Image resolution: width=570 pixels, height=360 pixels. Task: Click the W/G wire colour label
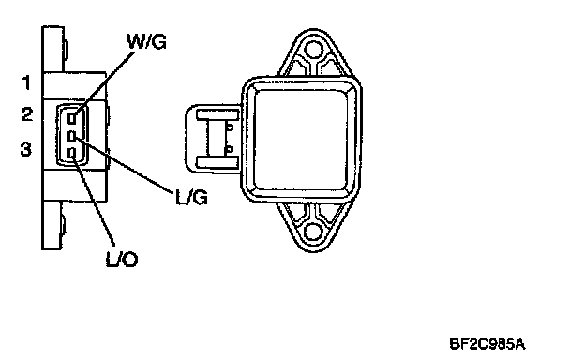click(x=146, y=41)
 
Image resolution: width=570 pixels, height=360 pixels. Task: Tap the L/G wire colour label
click(x=191, y=198)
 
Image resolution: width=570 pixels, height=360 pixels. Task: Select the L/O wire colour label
click(x=122, y=260)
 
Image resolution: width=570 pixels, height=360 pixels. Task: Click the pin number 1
click(x=26, y=82)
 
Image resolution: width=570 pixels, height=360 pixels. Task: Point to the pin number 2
click(x=27, y=114)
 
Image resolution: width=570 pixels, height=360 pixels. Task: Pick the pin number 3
click(x=26, y=149)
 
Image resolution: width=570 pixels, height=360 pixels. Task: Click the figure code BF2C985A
click(x=487, y=344)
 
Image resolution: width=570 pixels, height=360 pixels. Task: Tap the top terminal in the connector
click(x=72, y=118)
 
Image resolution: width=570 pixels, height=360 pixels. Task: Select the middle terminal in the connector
click(x=72, y=136)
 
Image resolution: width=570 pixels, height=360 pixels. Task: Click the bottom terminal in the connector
click(x=72, y=153)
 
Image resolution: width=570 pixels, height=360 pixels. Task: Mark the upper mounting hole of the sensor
click(x=313, y=50)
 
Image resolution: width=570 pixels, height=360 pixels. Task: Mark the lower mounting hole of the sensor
click(x=313, y=232)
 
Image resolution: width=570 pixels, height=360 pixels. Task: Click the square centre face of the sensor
click(x=302, y=140)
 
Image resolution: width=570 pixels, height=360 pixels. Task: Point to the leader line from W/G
click(x=105, y=82)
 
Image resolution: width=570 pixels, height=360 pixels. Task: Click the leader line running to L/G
click(x=123, y=164)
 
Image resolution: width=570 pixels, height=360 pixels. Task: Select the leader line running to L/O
click(x=93, y=201)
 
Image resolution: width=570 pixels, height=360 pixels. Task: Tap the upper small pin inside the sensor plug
click(x=230, y=127)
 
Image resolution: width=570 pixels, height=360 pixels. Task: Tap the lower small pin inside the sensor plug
click(x=229, y=149)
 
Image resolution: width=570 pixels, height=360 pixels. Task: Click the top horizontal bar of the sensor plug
click(x=217, y=115)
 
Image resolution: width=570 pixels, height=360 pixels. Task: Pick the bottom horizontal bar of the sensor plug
click(x=217, y=162)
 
